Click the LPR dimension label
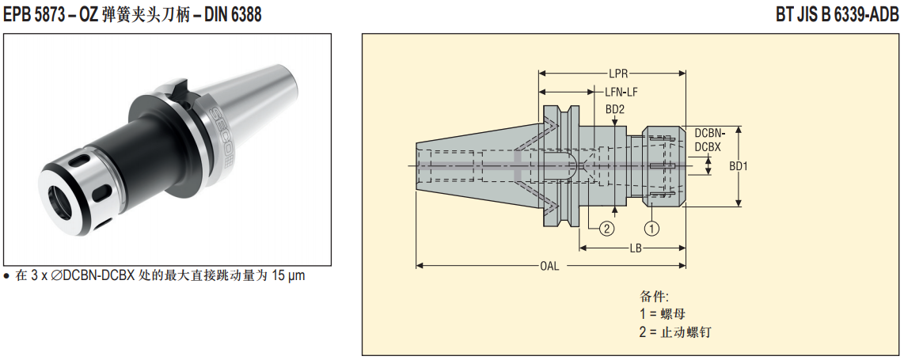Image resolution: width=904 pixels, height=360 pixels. point(619,72)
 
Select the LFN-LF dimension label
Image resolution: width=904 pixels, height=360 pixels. point(621,92)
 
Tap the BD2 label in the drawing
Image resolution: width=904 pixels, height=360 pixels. point(616,109)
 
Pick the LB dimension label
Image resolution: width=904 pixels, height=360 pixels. point(635,248)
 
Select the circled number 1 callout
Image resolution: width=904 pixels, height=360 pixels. point(652,229)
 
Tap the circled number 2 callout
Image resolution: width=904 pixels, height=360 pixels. point(607,229)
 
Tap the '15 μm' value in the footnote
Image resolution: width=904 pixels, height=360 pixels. point(288,276)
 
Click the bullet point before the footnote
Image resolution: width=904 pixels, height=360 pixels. point(7,276)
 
